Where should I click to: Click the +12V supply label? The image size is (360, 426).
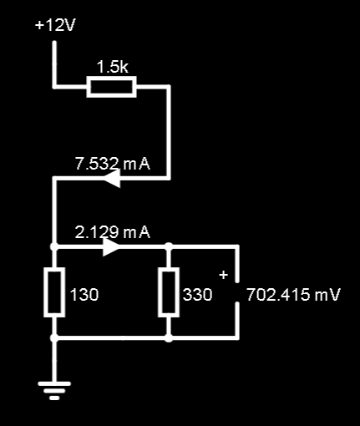[55, 26]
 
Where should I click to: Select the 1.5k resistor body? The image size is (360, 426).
[111, 87]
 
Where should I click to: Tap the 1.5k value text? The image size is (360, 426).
[112, 67]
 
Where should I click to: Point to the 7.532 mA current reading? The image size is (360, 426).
[113, 164]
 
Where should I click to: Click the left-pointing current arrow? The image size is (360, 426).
[112, 178]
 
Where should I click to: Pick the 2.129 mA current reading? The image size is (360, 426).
[113, 232]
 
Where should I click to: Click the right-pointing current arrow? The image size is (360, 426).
[111, 246]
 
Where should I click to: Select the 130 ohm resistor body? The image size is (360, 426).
[54, 292]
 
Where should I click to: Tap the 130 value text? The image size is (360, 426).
[84, 295]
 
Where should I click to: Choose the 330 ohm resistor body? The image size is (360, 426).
[169, 292]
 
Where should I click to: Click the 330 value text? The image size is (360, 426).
[197, 295]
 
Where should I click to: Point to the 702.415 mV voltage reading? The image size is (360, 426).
[293, 295]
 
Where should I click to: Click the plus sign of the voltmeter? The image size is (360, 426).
[224, 275]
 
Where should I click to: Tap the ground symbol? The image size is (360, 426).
[54, 391]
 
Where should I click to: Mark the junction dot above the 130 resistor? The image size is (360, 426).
[54, 246]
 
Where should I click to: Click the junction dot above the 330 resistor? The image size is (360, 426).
[169, 246]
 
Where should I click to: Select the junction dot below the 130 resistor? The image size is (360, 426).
[54, 338]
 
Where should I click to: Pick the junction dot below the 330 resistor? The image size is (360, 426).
[169, 338]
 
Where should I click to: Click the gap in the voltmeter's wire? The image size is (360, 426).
[236, 292]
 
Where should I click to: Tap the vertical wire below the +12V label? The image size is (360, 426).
[54, 64]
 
